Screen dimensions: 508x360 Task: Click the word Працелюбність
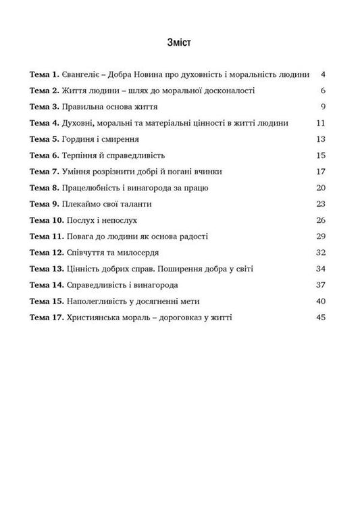click(x=95, y=187)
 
